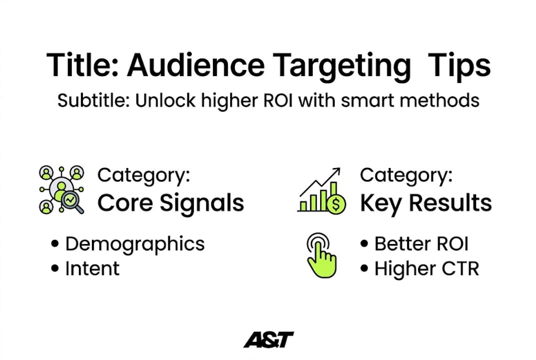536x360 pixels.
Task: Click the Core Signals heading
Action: (x=171, y=203)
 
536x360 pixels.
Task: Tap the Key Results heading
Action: (x=426, y=203)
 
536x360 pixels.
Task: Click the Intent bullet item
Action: (x=92, y=268)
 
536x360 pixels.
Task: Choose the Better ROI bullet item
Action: (x=421, y=244)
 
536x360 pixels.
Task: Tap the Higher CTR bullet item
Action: (x=427, y=268)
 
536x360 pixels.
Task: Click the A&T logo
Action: (x=268, y=340)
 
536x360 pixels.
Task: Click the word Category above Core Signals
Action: (x=143, y=175)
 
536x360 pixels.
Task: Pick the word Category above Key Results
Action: (x=405, y=175)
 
